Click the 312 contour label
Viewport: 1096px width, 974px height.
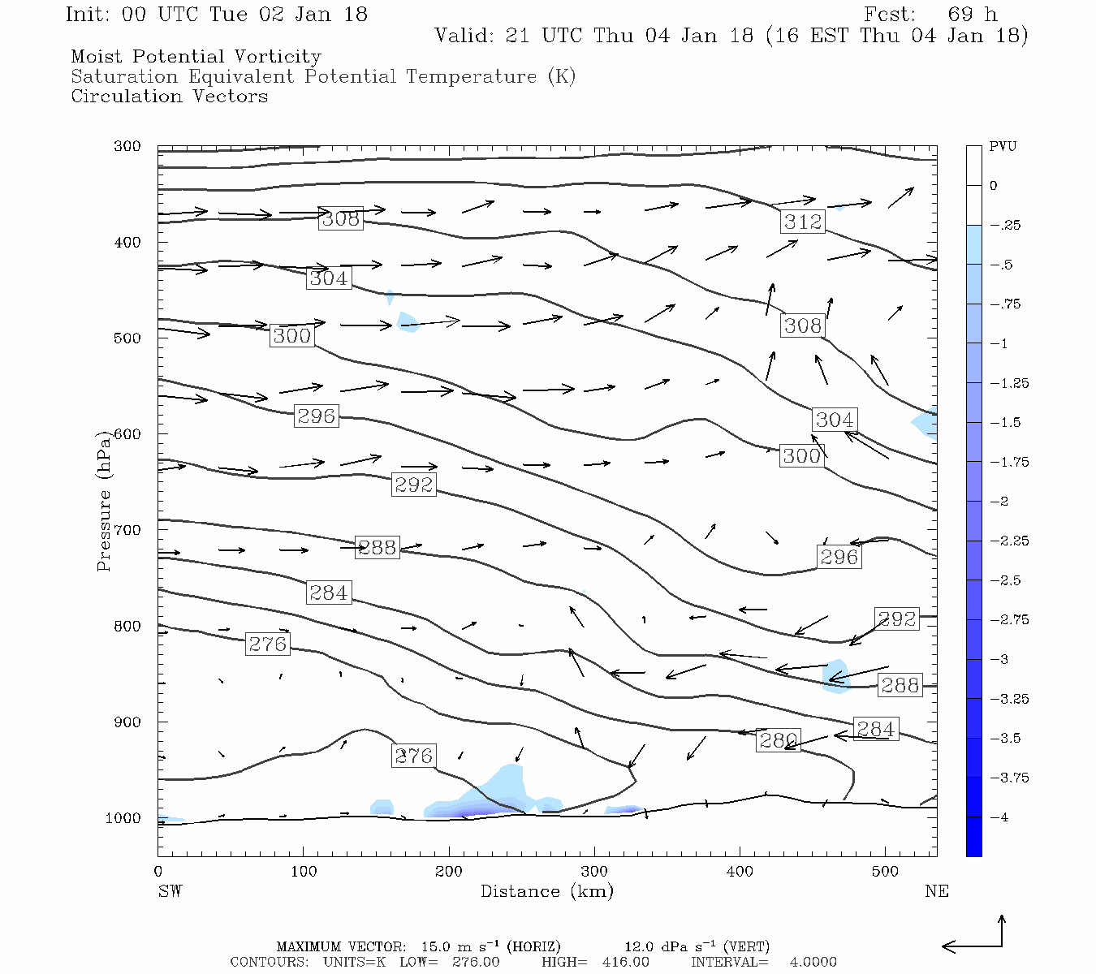click(x=803, y=222)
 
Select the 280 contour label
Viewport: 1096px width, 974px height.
click(x=778, y=740)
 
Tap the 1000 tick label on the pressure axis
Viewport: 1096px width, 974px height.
click(x=123, y=818)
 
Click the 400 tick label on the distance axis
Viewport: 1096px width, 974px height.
click(x=740, y=872)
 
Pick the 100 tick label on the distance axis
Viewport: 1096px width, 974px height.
click(x=304, y=872)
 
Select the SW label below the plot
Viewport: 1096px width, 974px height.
click(x=170, y=891)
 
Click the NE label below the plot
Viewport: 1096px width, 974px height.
click(x=936, y=891)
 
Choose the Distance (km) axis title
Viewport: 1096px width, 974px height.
click(x=546, y=891)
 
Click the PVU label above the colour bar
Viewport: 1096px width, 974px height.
click(x=1003, y=147)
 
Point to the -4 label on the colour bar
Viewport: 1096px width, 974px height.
click(x=999, y=817)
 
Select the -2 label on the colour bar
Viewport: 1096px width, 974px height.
click(x=999, y=502)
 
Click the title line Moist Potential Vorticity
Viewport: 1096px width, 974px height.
click(x=196, y=57)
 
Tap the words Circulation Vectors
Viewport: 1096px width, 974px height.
click(x=169, y=97)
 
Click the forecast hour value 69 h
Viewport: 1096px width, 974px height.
click(x=972, y=15)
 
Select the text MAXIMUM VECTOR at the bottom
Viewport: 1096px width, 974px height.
click(x=340, y=946)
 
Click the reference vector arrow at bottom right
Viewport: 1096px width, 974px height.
click(x=974, y=942)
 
